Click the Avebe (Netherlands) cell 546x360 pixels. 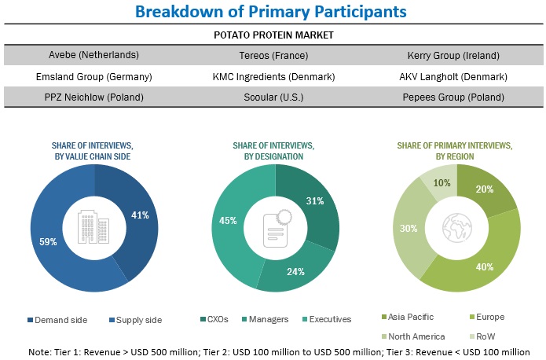tap(93, 55)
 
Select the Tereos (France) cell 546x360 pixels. tap(273, 55)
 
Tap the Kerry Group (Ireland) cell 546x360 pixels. tap(453, 55)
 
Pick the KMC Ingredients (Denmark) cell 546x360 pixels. tap(273, 76)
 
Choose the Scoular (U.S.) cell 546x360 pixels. tap(273, 97)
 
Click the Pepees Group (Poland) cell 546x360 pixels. tap(453, 97)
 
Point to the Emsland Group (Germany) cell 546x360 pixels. tap(93, 76)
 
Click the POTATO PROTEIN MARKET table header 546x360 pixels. tap(273, 35)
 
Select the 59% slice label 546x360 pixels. tap(48, 241)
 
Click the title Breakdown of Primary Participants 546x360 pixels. tap(272, 12)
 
